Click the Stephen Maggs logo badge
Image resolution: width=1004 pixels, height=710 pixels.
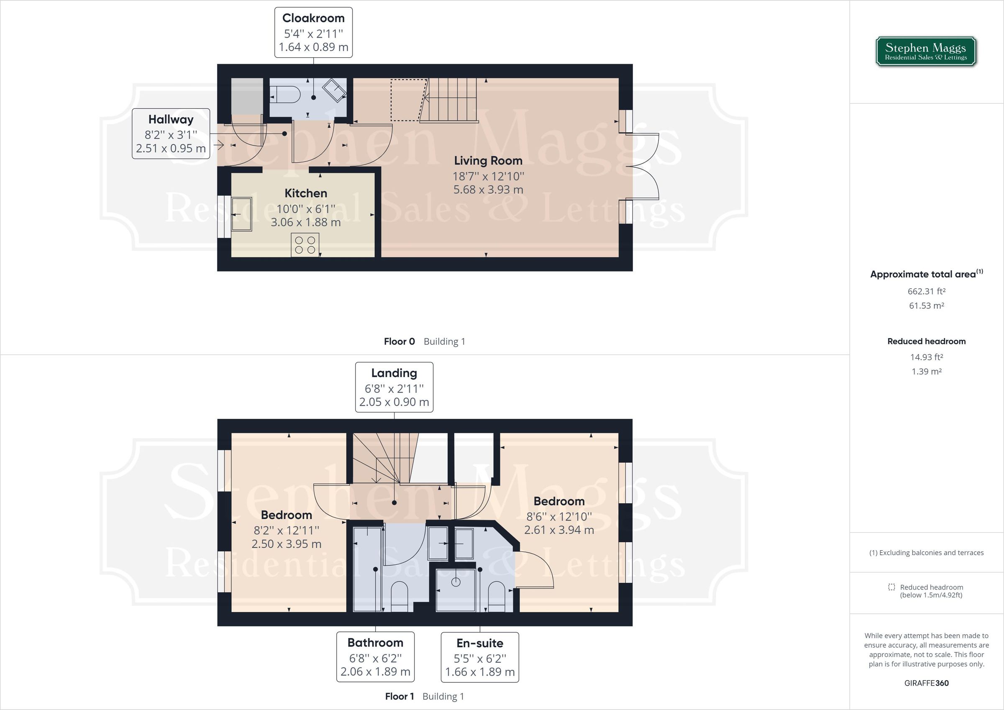(x=926, y=51)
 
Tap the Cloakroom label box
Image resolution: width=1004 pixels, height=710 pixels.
(x=313, y=32)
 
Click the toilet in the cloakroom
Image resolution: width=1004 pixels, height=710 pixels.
(x=284, y=94)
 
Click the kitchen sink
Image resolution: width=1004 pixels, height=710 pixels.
(x=241, y=214)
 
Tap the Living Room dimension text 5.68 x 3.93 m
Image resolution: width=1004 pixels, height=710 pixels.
(x=488, y=190)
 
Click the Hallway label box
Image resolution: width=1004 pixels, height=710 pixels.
(x=171, y=133)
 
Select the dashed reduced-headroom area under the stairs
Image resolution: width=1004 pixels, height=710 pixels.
(x=407, y=100)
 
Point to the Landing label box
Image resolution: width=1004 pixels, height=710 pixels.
(x=394, y=387)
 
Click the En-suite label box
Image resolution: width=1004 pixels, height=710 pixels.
(x=480, y=657)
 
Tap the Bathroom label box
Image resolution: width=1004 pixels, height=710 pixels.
(x=375, y=656)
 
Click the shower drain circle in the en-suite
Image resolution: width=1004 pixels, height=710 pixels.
(x=456, y=582)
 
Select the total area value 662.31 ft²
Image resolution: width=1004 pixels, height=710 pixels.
(x=926, y=291)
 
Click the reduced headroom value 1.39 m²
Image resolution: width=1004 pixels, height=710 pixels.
(x=926, y=372)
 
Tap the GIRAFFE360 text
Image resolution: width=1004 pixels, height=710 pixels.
(x=926, y=683)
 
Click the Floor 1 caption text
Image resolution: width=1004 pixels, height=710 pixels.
(x=399, y=696)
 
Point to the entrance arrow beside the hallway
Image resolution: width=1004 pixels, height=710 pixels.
(x=218, y=143)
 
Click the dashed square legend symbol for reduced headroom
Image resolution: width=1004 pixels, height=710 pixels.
(x=891, y=587)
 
